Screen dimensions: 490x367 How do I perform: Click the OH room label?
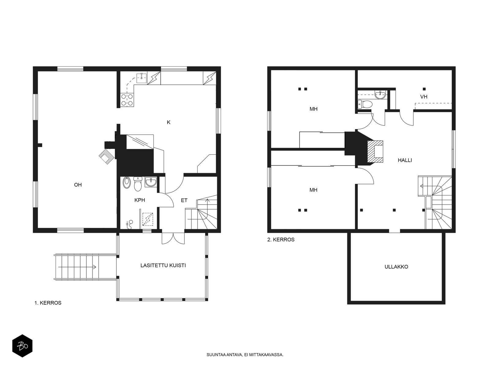(x=78, y=185)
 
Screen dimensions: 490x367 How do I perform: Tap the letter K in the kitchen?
(x=168, y=122)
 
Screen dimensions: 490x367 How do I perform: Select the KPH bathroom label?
(x=140, y=200)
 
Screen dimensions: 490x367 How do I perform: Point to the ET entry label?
(x=184, y=200)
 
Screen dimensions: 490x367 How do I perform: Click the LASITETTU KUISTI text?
(x=163, y=265)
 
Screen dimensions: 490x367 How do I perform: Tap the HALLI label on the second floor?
(x=405, y=160)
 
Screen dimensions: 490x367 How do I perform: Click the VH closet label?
(x=424, y=97)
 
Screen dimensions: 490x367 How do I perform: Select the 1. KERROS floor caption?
(x=48, y=303)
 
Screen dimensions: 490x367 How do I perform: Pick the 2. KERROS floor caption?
(x=281, y=239)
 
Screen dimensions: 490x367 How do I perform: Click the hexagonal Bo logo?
(x=22, y=346)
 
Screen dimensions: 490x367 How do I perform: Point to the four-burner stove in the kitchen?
(x=127, y=100)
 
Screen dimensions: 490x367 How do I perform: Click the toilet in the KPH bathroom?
(x=138, y=184)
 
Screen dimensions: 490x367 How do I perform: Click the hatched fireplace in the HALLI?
(x=375, y=151)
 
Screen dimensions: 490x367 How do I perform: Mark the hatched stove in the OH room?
(x=107, y=156)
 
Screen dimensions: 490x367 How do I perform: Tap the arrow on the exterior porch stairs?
(x=77, y=267)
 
